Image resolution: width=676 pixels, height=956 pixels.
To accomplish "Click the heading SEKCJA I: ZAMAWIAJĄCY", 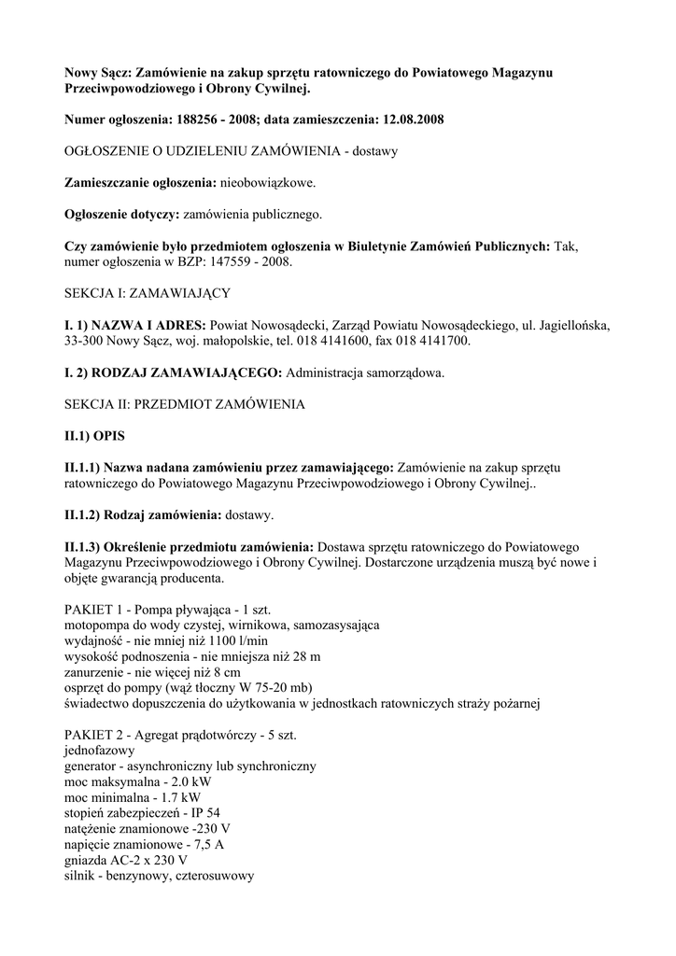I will pos(147,293).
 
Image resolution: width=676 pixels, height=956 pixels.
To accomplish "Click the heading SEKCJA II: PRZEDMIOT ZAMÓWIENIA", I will pos(184,404).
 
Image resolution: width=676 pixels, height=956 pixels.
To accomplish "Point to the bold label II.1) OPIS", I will pos(94,436).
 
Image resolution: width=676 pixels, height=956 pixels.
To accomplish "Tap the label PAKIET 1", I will pos(95,610).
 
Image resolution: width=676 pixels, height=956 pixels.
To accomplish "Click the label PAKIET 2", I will pos(95,736).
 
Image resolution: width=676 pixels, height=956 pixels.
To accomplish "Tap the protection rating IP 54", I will pos(205,813).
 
